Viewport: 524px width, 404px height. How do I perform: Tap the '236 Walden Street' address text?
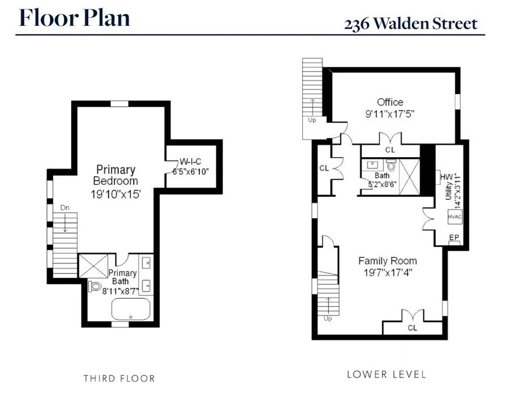click(x=410, y=24)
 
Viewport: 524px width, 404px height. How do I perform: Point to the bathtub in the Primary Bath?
click(x=131, y=309)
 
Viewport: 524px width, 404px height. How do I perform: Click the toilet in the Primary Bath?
click(x=95, y=287)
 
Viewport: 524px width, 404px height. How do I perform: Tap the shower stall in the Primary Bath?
click(x=95, y=265)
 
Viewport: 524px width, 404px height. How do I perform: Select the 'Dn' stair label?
click(x=65, y=208)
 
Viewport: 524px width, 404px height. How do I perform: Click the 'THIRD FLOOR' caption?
click(x=119, y=378)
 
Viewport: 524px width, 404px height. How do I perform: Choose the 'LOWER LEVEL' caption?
click(x=386, y=374)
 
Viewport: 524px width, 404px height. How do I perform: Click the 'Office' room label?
click(x=390, y=102)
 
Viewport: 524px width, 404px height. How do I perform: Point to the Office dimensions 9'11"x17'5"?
click(x=390, y=114)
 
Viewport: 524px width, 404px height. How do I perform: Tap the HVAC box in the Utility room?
click(x=454, y=217)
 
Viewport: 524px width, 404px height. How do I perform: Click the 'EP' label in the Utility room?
click(x=454, y=237)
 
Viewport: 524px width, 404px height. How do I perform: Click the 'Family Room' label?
click(x=387, y=261)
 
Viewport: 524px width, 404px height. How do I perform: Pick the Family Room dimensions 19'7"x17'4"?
click(x=387, y=272)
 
